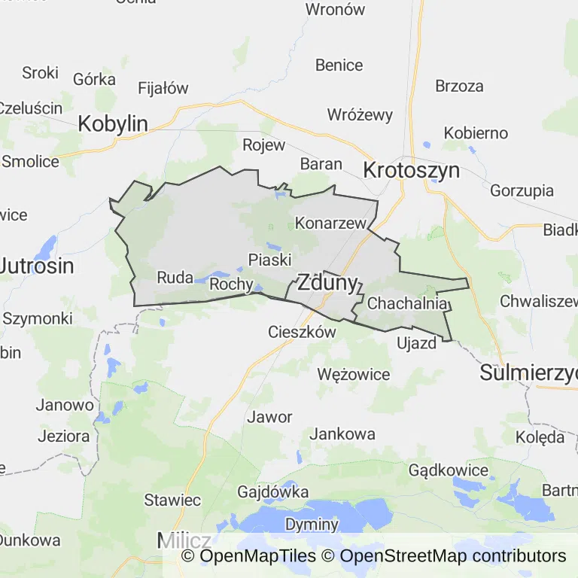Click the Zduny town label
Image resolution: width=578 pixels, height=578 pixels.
pos(327,284)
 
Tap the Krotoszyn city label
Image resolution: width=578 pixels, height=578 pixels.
pos(411,170)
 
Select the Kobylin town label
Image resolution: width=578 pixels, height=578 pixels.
pos(113,124)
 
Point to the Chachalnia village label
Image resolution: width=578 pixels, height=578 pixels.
pos(409,304)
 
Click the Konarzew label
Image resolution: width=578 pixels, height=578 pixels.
pos(330,224)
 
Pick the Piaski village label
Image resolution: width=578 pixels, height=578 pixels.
pos(269,260)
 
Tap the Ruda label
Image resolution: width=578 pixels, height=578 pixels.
pos(175,278)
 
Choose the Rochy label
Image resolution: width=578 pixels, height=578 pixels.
pos(230,284)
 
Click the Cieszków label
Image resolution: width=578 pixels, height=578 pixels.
pos(302,332)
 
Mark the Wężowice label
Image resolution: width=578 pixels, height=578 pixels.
pos(354,374)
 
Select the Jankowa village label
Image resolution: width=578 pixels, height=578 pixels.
pos(342,434)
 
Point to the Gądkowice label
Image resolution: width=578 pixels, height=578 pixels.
pos(449,470)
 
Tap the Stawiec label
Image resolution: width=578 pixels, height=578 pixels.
pos(172,500)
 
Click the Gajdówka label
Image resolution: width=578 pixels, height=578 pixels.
pos(272,492)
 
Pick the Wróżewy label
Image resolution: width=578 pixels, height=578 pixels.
pos(360,115)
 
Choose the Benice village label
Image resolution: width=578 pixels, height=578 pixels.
pos(339,65)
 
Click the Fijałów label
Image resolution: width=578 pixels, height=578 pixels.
pos(163,88)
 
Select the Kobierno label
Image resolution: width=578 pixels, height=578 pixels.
pos(476,133)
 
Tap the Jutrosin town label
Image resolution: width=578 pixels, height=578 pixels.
pos(38,266)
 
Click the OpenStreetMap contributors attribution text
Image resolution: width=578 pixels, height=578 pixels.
pos(453,556)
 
